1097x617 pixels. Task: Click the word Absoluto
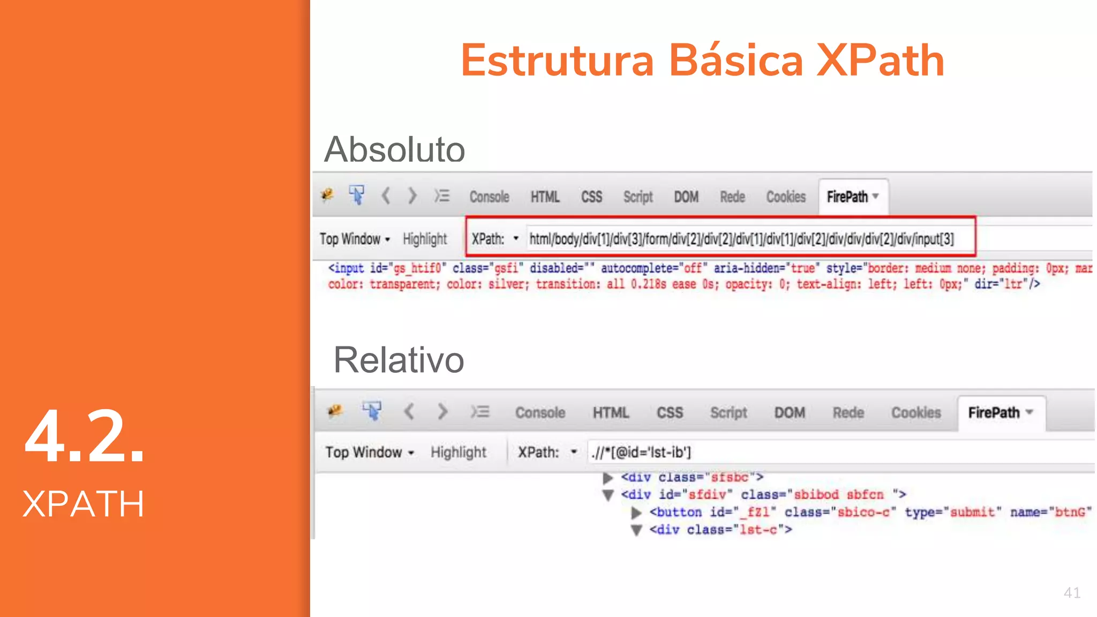pos(395,149)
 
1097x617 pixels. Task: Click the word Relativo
pos(399,360)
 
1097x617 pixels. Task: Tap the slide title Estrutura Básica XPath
pos(702,61)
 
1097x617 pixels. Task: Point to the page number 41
pos(1072,593)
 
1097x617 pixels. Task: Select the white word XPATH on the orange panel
pos(84,504)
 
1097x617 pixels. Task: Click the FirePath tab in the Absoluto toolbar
pos(852,197)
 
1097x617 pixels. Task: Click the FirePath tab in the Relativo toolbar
pos(1000,412)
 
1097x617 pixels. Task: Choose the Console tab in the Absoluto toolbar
pos(489,197)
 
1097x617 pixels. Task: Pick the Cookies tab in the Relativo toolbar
pos(915,412)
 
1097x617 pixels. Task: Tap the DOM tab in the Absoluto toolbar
pos(686,197)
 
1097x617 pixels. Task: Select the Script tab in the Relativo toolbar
pos(728,412)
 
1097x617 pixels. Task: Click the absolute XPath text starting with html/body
pos(741,239)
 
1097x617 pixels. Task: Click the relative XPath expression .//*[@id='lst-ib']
pos(641,453)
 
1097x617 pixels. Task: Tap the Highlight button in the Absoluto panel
pos(424,239)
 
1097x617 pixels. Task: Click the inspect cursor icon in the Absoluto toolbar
pos(356,195)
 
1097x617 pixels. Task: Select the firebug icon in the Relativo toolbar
pos(335,411)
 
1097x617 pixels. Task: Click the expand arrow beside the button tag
pos(636,513)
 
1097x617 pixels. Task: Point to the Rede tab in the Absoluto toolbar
pos(732,197)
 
